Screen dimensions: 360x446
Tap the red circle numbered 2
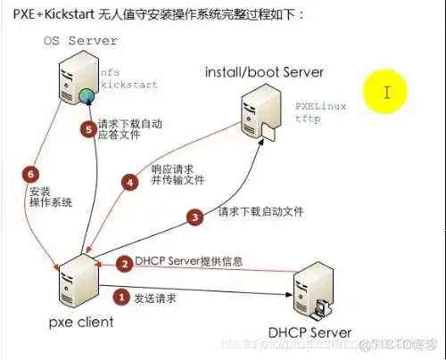click(x=125, y=263)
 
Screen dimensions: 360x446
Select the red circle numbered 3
click(x=194, y=215)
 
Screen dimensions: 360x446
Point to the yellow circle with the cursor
click(x=386, y=91)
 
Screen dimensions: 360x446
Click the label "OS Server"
click(x=79, y=41)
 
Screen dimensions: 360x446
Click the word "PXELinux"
click(x=322, y=105)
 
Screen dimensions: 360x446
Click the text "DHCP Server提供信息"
click(x=188, y=263)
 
